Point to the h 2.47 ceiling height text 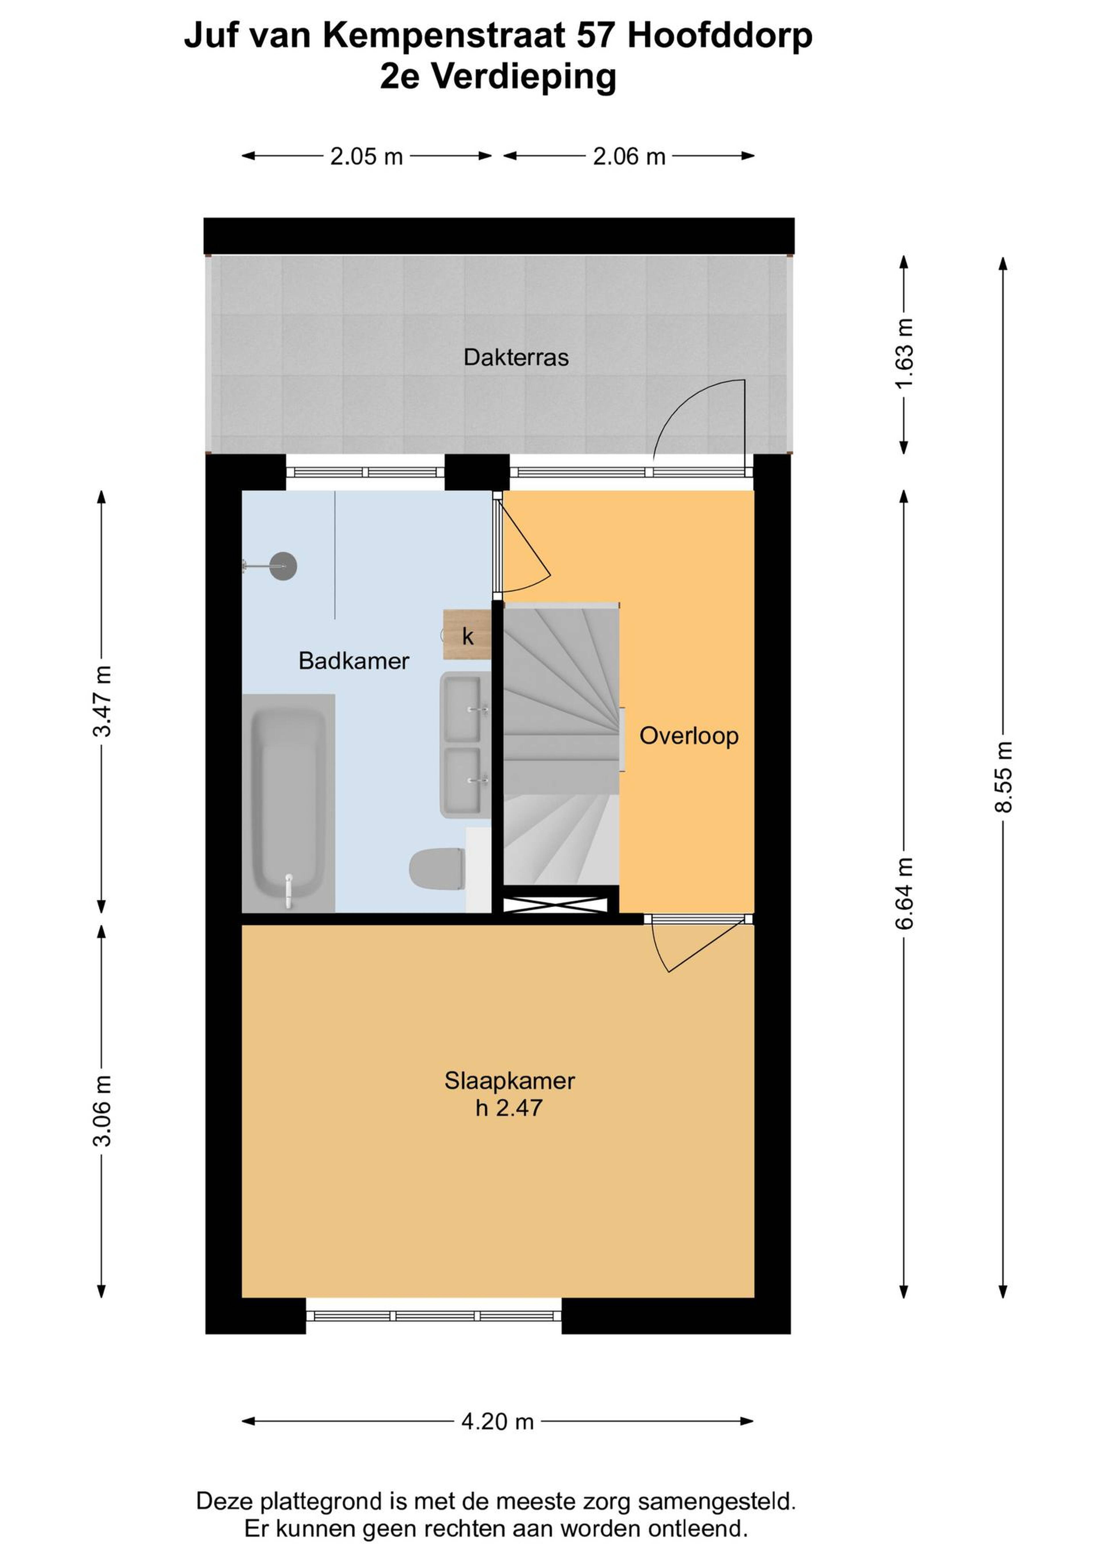[x=509, y=1108]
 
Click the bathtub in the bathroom [x=288, y=803]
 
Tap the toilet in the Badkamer [x=437, y=868]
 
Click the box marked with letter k [x=467, y=635]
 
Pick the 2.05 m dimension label [x=367, y=156]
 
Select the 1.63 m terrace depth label [x=904, y=353]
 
